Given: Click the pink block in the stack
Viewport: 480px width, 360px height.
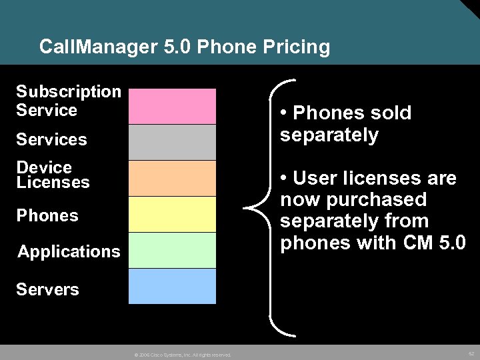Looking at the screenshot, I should click(172, 107).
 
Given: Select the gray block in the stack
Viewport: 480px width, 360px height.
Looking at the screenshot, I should click(172, 143).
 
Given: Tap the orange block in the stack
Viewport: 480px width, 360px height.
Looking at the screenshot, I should click(172, 179).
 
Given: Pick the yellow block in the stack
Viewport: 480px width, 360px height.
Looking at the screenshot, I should click(172, 215).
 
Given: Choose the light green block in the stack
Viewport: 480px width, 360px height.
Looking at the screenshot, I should click(172, 250).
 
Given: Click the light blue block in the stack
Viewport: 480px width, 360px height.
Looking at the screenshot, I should click(172, 286).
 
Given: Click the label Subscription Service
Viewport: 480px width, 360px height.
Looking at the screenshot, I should click(68, 101).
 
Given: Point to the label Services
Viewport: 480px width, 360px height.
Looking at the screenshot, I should click(51, 140).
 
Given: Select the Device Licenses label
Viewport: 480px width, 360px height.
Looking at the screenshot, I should click(53, 175).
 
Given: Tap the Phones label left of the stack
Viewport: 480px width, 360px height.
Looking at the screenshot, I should click(47, 216).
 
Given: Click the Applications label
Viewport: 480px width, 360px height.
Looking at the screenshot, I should click(69, 252).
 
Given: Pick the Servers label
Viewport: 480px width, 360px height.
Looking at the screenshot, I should click(47, 290).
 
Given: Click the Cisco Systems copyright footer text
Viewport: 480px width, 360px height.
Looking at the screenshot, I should click(182, 355).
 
